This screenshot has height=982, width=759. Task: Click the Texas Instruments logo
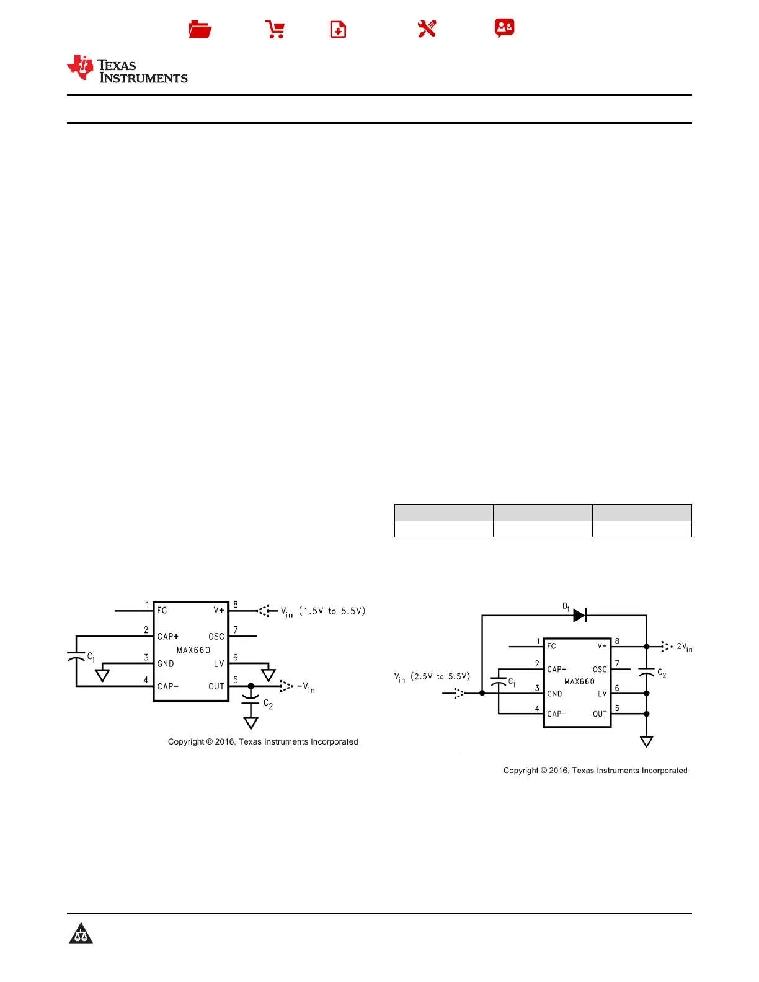127,69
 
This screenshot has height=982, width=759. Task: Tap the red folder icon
200,29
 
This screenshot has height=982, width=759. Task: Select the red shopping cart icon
275,29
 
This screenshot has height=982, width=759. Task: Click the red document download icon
338,29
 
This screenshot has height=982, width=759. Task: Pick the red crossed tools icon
427,29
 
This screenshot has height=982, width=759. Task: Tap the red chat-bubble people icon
504,28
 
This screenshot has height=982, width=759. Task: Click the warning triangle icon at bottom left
81,933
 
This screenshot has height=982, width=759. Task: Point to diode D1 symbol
579,615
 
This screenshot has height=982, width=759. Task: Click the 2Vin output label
684,647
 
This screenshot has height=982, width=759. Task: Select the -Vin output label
306,687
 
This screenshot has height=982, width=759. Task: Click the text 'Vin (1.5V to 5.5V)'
323,611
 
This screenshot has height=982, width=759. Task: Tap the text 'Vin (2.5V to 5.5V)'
432,677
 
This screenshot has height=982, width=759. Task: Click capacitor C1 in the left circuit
76,657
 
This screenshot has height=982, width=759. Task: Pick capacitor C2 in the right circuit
646,672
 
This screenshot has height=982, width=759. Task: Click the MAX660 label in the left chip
193,650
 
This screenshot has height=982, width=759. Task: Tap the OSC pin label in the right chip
600,670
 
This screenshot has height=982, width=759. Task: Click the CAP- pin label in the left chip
167,686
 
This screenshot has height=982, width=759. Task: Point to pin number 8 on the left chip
236,604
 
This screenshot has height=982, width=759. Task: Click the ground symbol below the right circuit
646,741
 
